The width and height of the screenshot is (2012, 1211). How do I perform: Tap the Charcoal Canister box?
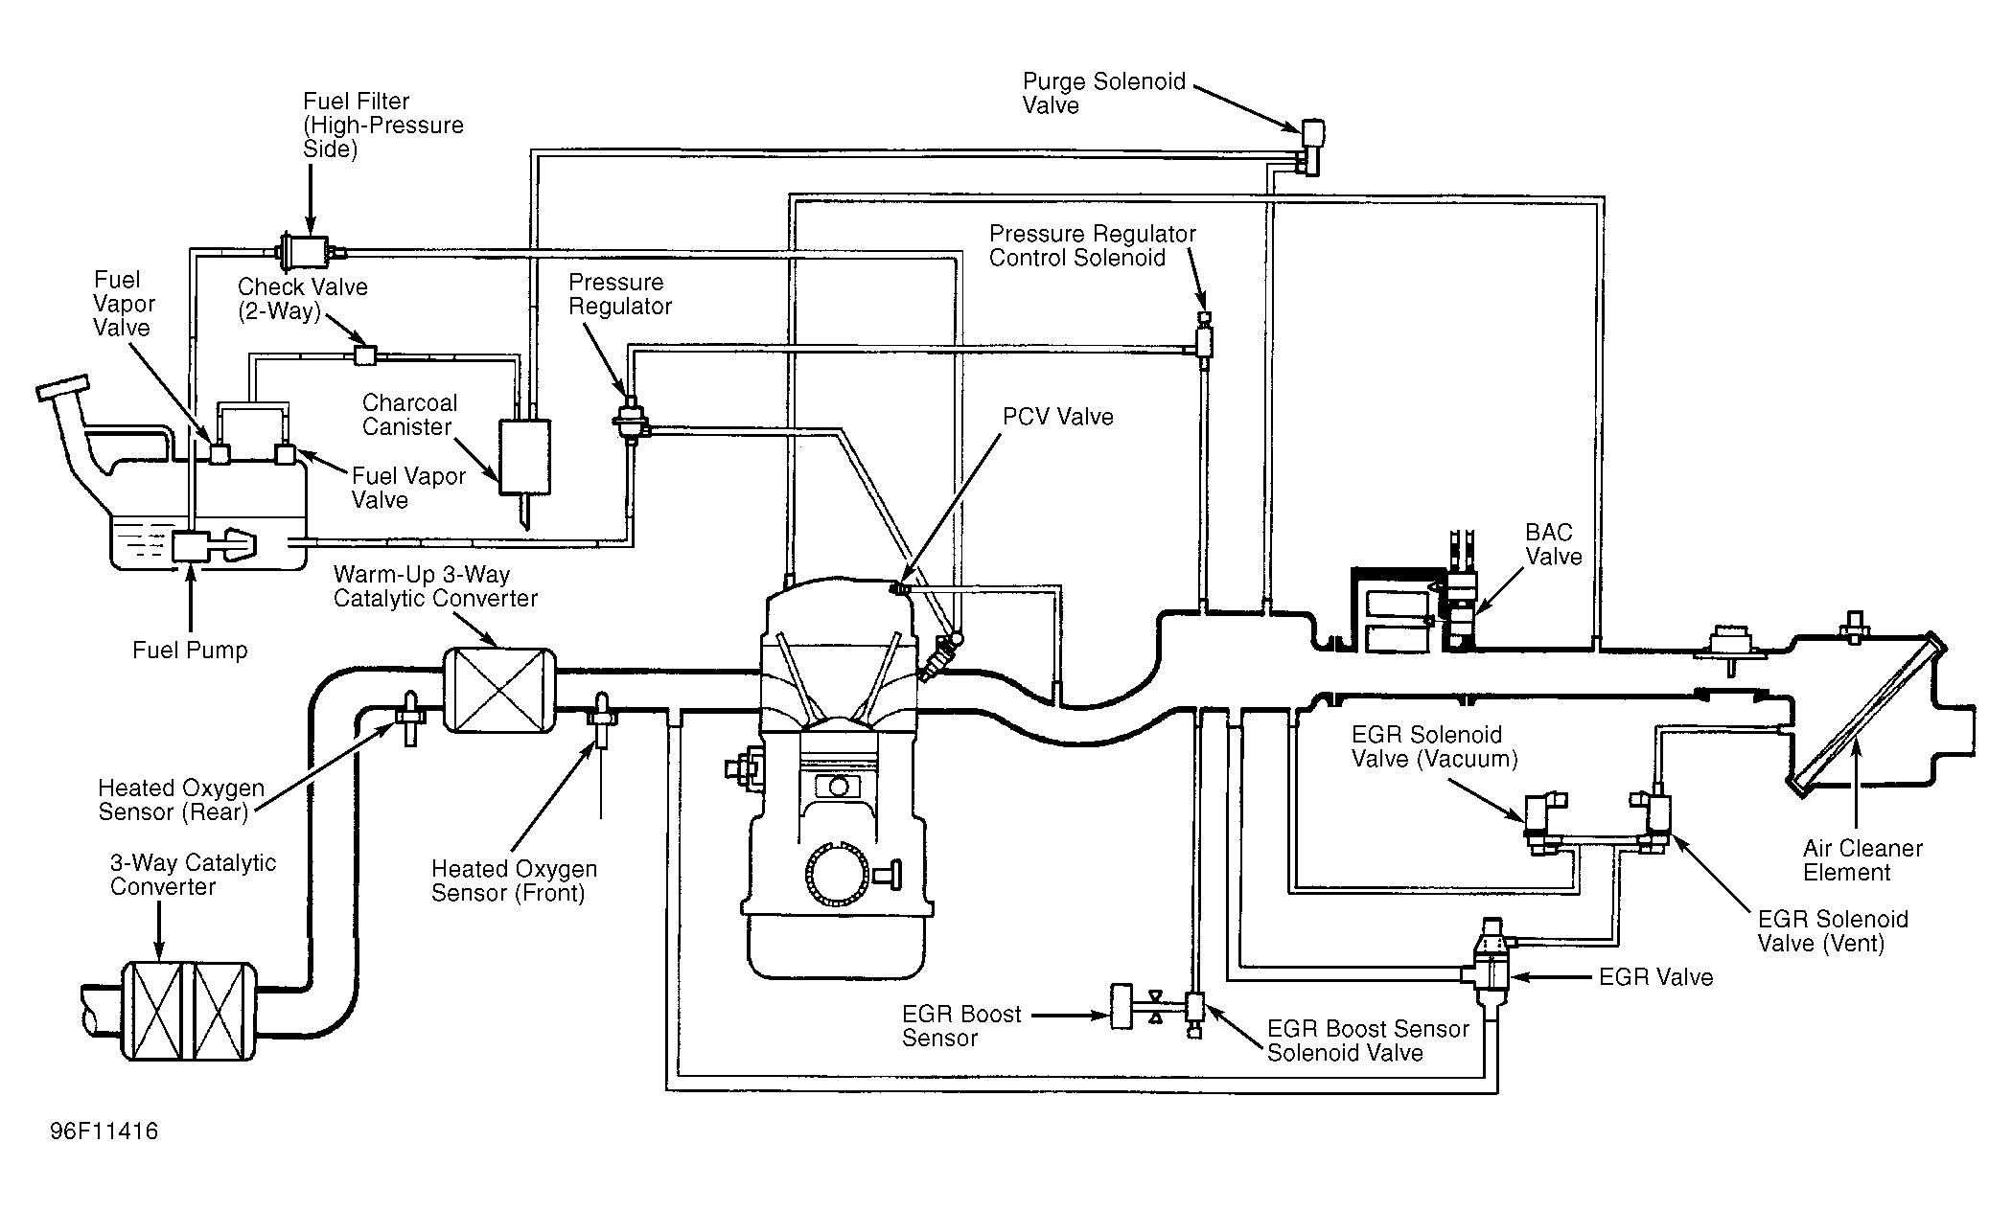tap(524, 457)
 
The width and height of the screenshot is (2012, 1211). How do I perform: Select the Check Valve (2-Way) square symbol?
tap(364, 354)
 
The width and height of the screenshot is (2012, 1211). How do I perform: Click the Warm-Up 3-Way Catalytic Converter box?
tap(499, 690)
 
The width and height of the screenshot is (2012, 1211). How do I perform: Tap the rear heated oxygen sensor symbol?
tap(410, 718)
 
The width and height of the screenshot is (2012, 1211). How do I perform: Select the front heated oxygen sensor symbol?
tap(602, 720)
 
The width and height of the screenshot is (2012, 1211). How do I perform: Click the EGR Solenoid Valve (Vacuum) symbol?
tap(1544, 822)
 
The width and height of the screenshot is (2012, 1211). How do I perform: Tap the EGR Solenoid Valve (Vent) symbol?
tap(1654, 821)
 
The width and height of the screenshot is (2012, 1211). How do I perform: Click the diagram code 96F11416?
tap(104, 1131)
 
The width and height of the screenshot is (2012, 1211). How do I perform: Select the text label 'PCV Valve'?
tap(1058, 417)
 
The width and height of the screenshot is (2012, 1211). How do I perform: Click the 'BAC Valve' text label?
tap(1553, 544)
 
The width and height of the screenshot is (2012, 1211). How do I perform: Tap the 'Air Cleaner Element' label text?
tap(1862, 860)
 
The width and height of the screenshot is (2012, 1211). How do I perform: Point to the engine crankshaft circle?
tap(839, 874)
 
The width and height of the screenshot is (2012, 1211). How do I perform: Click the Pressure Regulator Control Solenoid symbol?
tap(1204, 340)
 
